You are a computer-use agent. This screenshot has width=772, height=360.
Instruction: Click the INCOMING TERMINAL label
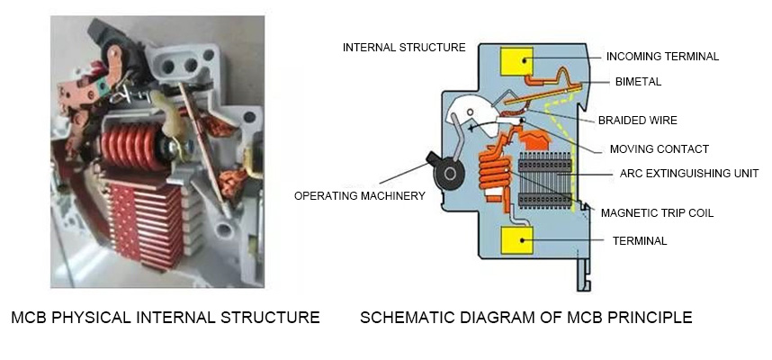click(662, 56)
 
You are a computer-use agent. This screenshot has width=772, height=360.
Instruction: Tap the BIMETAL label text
click(638, 81)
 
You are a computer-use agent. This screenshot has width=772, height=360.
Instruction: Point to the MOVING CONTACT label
click(659, 148)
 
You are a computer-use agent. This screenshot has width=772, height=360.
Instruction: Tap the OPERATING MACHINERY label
click(360, 195)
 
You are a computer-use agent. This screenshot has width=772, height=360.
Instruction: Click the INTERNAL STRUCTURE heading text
click(404, 47)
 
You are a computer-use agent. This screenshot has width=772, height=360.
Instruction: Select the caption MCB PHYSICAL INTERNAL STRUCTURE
click(165, 317)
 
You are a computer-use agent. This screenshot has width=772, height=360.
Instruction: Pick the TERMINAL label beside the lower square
click(640, 240)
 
